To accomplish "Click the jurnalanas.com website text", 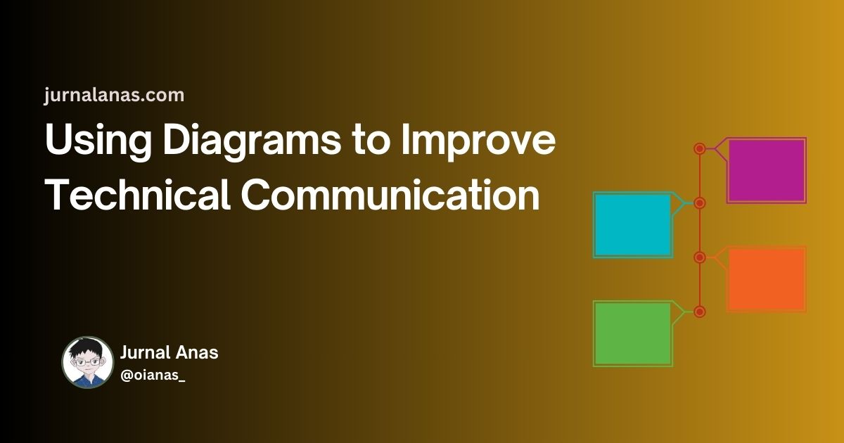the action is pos(114,96).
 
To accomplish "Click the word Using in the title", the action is pos(98,142).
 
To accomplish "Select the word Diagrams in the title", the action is pos(252,141).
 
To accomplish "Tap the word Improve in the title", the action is pos(478,141).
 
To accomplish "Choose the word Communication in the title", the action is pos(390,195).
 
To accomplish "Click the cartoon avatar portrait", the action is pos(87,362).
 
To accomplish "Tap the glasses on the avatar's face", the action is pos(87,363).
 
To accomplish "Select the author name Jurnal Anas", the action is pos(170,353).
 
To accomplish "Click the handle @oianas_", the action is pos(153,375).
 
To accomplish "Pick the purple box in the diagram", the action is pos(767,170).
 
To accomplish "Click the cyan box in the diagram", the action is pos(633,225).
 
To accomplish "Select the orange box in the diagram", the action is pos(767,279).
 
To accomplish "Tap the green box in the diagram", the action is pos(633,334).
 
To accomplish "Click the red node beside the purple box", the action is pos(700,149).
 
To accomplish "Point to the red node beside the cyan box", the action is pos(700,203).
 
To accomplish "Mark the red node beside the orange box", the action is pos(700,257).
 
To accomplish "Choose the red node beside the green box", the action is pos(700,312).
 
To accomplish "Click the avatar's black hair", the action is pos(87,349).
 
